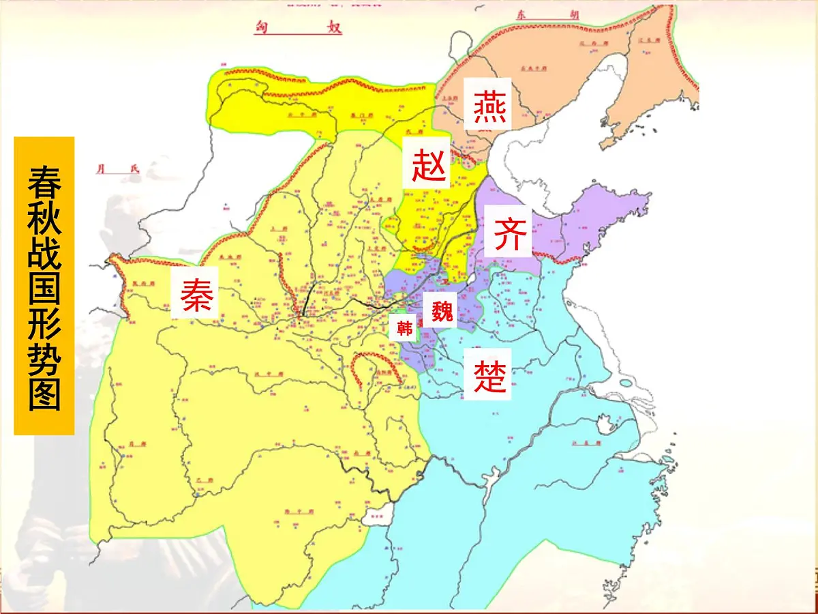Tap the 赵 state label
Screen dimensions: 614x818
click(429, 164)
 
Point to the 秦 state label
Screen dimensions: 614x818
click(196, 294)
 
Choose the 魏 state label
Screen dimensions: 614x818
click(442, 311)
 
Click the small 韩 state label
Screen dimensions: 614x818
click(405, 329)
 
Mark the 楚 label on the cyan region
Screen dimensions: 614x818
click(491, 375)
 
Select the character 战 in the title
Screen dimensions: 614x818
click(44, 254)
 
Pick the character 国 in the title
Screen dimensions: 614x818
click(44, 291)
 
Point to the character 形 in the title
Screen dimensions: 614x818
click(44, 327)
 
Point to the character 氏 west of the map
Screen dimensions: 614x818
click(134, 169)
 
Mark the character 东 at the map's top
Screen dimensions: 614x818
click(523, 14)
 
